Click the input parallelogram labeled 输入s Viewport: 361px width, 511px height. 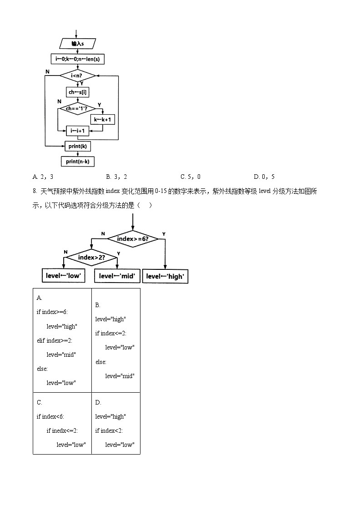coord(77,44)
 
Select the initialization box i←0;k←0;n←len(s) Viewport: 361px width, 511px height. coord(77,59)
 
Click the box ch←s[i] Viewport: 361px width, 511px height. coord(77,92)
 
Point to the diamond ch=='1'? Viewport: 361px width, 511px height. coord(77,108)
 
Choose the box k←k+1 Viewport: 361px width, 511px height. coord(103,120)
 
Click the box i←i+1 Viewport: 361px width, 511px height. coord(77,131)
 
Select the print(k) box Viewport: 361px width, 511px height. coord(77,146)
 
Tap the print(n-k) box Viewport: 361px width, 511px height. coord(77,161)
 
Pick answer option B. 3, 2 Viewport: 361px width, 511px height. coord(116,177)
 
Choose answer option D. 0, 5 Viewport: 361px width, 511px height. coord(264,177)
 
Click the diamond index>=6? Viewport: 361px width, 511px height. coord(132,239)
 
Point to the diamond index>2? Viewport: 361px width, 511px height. coord(91,258)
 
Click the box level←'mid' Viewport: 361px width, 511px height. coord(117,276)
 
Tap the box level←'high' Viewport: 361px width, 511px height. coord(165,276)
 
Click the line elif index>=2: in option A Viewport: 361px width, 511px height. coord(55,340)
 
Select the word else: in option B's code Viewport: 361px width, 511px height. coord(100,362)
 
